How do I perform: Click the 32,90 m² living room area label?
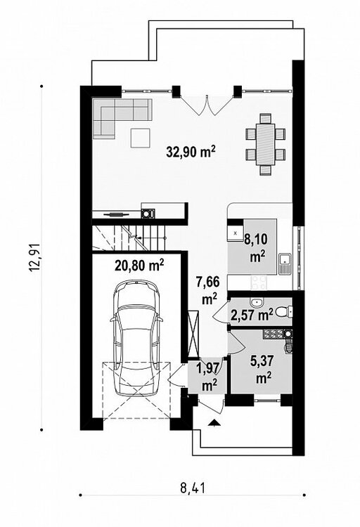[191, 152]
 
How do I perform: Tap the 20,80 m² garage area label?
[139, 265]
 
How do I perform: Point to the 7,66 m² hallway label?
[209, 290]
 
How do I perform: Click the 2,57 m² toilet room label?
[252, 315]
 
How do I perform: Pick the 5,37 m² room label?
[263, 370]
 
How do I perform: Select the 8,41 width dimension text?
[193, 488]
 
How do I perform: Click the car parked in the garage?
[136, 339]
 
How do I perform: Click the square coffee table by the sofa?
[141, 138]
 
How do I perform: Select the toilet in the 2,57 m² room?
[284, 312]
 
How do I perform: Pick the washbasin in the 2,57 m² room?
[258, 302]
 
